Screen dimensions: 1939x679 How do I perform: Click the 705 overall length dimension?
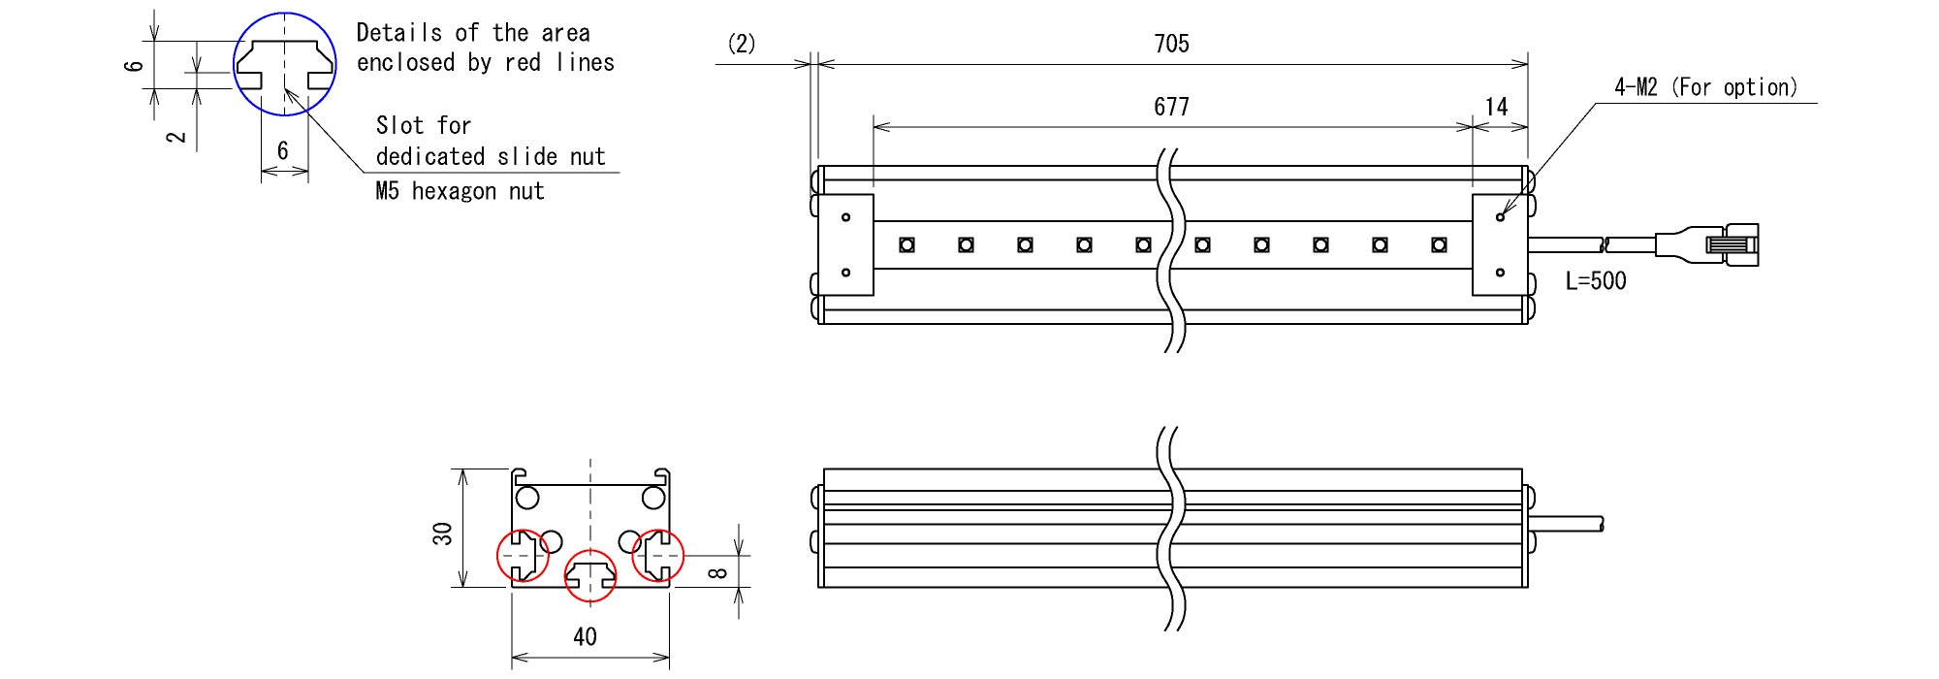(1171, 44)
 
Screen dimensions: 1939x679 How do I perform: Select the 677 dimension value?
(1171, 107)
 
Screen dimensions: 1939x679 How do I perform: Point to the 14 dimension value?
(1497, 107)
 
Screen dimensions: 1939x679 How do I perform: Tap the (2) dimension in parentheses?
(742, 44)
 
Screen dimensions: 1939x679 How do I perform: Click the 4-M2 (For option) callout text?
(1706, 87)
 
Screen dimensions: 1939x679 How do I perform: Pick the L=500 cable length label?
(1596, 281)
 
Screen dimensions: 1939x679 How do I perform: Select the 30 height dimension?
(443, 533)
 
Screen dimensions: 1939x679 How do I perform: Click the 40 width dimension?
(585, 636)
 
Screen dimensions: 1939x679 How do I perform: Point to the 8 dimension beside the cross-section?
(718, 572)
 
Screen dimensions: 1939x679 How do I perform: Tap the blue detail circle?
(285, 65)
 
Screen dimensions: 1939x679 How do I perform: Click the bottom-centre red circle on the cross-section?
(589, 575)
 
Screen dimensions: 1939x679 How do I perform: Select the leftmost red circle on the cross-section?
(523, 556)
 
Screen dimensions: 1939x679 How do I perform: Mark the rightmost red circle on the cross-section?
(658, 556)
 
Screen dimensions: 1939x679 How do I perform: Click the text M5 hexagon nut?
(460, 191)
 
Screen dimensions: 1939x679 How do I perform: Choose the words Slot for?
(424, 125)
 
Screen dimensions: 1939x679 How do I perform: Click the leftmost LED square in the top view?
(906, 244)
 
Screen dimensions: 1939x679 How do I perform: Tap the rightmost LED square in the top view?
(1439, 244)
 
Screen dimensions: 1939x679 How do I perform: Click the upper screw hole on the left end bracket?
(845, 217)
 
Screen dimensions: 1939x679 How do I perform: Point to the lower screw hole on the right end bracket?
(1500, 273)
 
